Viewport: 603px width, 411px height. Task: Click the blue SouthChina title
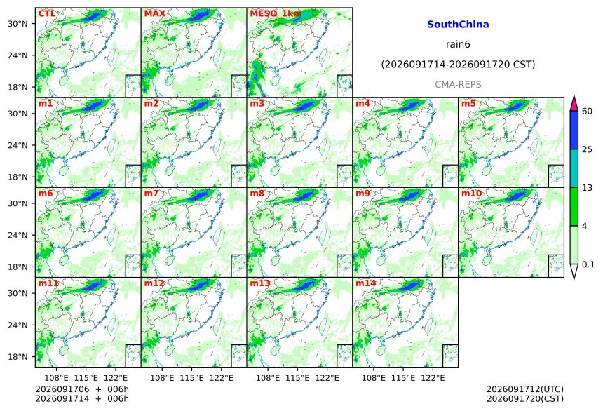(x=458, y=25)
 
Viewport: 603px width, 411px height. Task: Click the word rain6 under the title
(x=458, y=44)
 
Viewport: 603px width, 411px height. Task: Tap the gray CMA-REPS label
(x=458, y=84)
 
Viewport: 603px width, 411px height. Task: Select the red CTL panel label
(x=46, y=13)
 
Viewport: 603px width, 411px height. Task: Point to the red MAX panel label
(x=154, y=13)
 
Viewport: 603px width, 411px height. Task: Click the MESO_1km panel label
(x=276, y=14)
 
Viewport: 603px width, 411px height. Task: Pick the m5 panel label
(x=468, y=104)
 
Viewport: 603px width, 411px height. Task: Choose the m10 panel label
(x=471, y=193)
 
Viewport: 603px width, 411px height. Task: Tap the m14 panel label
(x=365, y=283)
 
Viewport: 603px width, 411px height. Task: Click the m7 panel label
(x=151, y=193)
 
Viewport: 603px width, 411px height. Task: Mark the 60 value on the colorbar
(x=588, y=112)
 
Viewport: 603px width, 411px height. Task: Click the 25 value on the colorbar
(x=588, y=149)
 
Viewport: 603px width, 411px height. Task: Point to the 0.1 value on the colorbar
(x=588, y=264)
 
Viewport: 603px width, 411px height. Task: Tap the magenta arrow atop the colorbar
(x=574, y=104)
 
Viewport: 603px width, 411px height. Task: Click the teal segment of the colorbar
(x=574, y=168)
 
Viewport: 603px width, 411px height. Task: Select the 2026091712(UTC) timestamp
(x=525, y=389)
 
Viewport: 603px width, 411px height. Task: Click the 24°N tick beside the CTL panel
(x=18, y=55)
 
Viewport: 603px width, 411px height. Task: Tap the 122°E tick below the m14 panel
(x=433, y=378)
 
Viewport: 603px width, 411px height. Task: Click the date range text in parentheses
(x=458, y=65)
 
